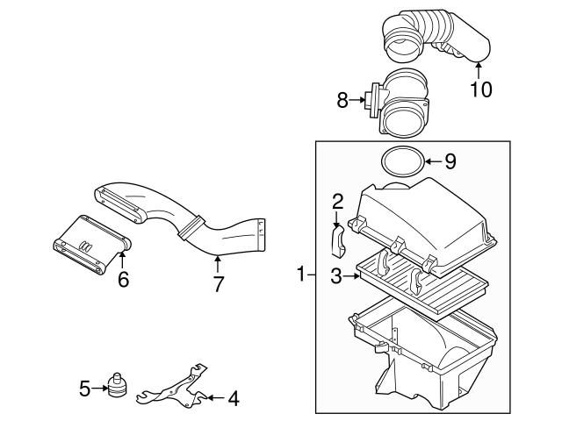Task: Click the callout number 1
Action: [x=300, y=275]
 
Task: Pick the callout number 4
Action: [x=233, y=399]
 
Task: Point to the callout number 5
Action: [x=84, y=387]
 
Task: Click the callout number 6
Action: [x=123, y=279]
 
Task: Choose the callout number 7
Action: [x=217, y=283]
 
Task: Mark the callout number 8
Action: [x=342, y=101]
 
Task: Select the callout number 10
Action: [x=479, y=89]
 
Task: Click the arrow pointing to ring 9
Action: [x=433, y=161]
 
